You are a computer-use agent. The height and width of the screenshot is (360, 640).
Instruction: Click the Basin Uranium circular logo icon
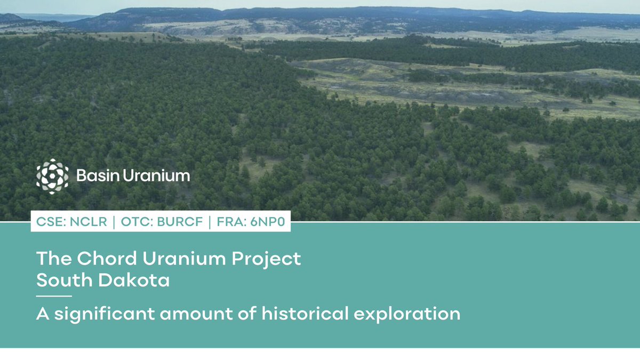pos(52,175)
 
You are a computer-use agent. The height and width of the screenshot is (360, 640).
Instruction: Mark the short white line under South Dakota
pos(54,295)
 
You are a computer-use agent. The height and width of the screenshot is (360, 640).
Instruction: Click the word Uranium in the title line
pos(184,259)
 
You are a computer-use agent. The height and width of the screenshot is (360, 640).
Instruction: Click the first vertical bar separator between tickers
pos(114,222)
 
